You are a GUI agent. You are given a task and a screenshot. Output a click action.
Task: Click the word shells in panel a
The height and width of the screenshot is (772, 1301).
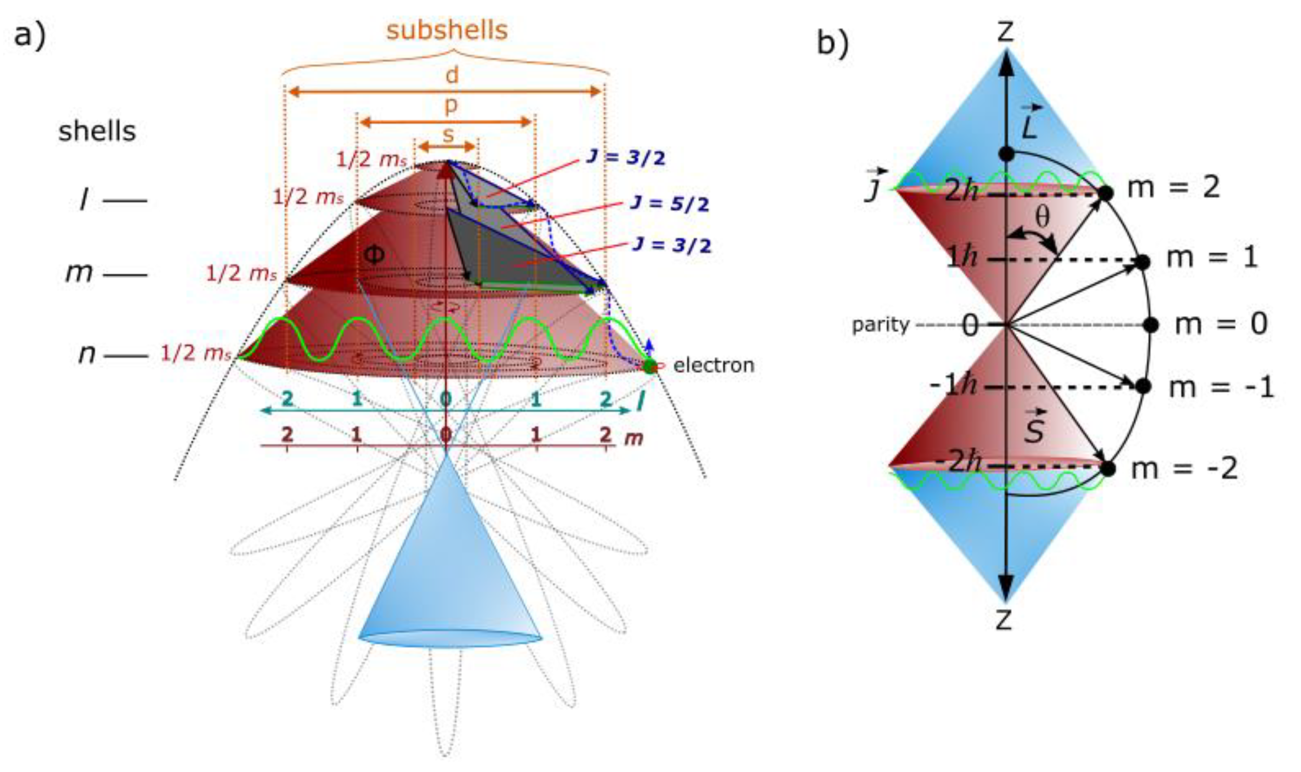click(97, 131)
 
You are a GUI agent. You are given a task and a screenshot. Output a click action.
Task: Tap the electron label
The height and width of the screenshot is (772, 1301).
click(714, 365)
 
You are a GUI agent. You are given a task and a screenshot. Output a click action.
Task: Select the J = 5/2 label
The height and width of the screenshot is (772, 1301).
click(670, 203)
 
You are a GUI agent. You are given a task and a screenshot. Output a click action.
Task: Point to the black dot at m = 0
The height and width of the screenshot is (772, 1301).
click(1151, 325)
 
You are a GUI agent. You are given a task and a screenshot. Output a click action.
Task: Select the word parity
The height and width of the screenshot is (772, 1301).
click(881, 325)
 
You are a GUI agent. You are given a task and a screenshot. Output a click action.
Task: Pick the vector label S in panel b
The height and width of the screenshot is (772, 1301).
click(1034, 427)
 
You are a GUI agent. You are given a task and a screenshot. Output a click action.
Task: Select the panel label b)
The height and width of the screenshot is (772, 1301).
click(833, 43)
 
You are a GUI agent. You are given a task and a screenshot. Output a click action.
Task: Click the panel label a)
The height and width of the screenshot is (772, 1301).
click(30, 35)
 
